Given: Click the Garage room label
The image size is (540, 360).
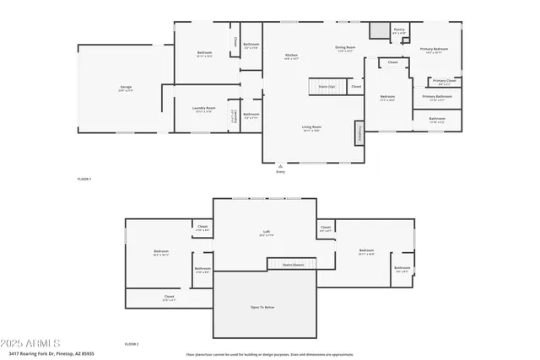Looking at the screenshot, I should (125, 87).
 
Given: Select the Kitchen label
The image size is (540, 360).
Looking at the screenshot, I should (292, 56).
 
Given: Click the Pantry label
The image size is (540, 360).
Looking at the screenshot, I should (399, 30).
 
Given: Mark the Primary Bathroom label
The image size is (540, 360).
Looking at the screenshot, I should (438, 97).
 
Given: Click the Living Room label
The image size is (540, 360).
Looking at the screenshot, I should (312, 127).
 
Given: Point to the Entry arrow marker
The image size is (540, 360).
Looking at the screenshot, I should (281, 168).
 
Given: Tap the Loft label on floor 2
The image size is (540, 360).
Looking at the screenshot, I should (267, 234).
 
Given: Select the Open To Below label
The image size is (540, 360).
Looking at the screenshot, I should (262, 307).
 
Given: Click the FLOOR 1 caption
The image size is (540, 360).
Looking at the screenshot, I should (84, 179).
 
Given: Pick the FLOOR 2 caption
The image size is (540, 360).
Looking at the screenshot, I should (132, 344).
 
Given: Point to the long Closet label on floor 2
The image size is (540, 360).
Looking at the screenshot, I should (170, 297).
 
